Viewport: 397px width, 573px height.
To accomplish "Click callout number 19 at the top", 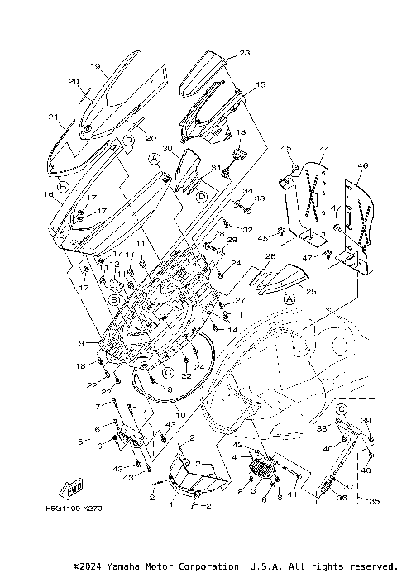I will coord(94,67).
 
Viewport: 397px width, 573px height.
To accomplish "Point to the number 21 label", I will coord(53,117).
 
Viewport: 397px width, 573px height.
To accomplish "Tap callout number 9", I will coord(81,343).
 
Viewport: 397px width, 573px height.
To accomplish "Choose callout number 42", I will coord(237,445).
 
